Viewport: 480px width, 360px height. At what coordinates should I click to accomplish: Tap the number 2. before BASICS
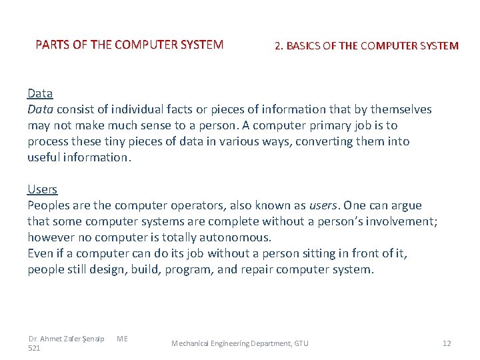pos(279,46)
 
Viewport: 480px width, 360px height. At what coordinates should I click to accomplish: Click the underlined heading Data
pos(40,93)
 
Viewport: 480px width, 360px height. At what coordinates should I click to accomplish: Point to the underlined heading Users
pos(43,189)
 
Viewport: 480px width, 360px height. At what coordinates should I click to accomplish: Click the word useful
pos(43,157)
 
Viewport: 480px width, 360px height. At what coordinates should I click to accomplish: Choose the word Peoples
pos(49,205)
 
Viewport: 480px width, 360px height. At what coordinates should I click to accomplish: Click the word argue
pos(405,205)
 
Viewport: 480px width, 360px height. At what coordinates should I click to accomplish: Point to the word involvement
pos(401,221)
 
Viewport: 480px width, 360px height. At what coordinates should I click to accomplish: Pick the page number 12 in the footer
pos(447,343)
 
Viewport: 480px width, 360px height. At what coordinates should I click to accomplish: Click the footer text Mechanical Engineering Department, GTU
pos(240,343)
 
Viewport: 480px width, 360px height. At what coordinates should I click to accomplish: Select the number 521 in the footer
pos(35,348)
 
